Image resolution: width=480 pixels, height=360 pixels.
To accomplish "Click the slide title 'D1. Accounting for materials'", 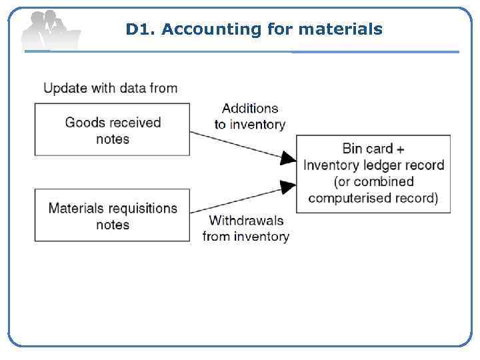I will (254, 29).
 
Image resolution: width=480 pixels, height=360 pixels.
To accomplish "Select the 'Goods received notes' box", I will (112, 130).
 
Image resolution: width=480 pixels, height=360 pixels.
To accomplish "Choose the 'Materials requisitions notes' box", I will (112, 216).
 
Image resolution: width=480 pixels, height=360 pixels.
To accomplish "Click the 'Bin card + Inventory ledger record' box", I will (373, 173).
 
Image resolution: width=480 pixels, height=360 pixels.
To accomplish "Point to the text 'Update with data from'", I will (111, 88).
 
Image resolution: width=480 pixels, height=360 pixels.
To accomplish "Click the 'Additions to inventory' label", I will (249, 116).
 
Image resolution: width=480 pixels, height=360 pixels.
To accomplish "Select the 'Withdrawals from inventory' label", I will (246, 228).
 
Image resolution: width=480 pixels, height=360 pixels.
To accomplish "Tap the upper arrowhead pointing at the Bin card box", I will (289, 158).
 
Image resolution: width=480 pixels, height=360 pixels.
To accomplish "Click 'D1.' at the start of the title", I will (140, 29).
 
